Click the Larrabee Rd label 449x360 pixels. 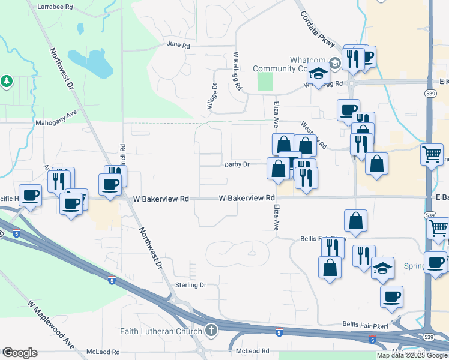(x=55, y=6)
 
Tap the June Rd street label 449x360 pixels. (x=178, y=45)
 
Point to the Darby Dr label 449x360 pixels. (x=237, y=164)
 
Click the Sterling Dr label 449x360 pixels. (x=190, y=285)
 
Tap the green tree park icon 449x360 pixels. (x=7, y=80)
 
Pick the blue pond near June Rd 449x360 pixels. (x=90, y=62)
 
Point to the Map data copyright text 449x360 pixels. (x=412, y=355)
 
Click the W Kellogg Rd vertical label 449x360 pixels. (x=237, y=71)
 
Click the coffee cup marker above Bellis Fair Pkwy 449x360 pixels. (x=391, y=296)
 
